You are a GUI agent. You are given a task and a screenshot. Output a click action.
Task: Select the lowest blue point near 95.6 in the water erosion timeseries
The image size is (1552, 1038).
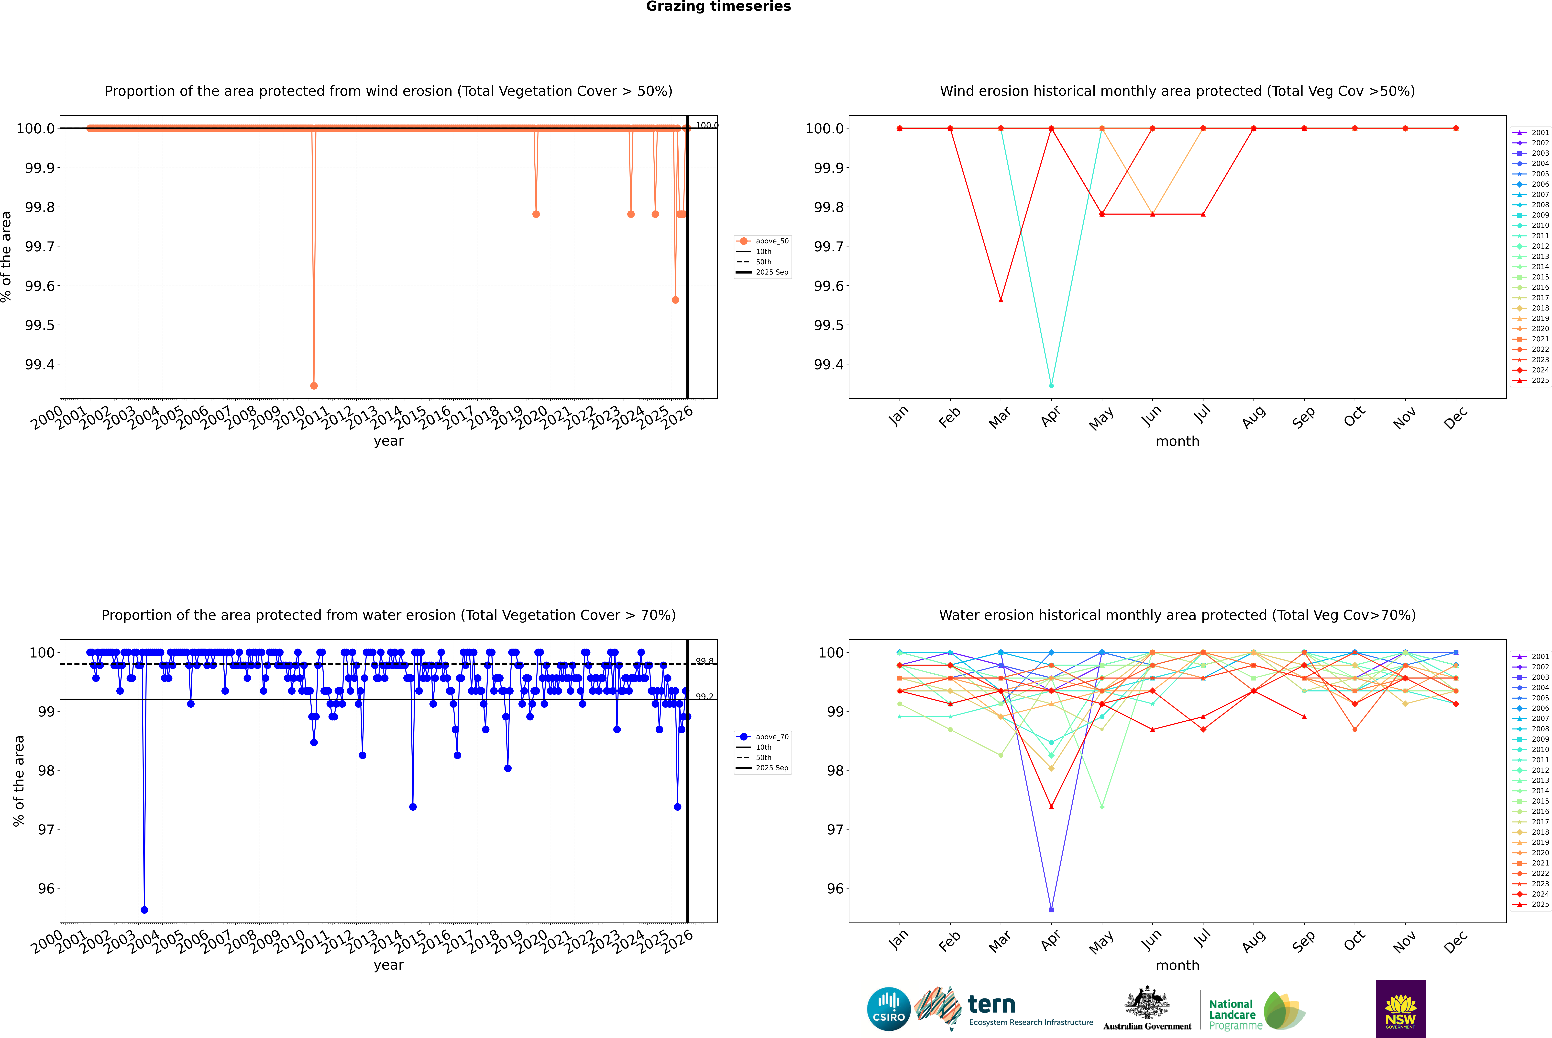click(144, 910)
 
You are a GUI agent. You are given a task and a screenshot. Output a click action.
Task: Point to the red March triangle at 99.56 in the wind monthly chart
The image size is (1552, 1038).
click(1000, 300)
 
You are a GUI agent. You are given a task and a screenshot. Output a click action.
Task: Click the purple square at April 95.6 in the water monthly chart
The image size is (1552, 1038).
click(1051, 910)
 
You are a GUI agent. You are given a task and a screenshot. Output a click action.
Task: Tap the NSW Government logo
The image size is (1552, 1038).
click(1400, 1009)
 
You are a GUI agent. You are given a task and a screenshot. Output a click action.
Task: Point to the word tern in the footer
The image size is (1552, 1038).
click(991, 1005)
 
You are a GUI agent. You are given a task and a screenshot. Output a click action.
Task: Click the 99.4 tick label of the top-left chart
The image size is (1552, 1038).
click(40, 365)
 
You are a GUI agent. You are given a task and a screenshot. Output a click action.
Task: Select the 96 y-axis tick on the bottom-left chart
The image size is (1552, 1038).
click(46, 888)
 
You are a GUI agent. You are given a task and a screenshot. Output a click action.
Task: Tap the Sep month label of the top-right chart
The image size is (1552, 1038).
click(1303, 417)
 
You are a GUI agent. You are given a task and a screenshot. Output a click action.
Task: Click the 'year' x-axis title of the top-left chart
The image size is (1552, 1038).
click(388, 441)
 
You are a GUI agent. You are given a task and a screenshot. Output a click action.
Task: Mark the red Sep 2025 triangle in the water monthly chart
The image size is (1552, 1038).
click(1304, 716)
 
